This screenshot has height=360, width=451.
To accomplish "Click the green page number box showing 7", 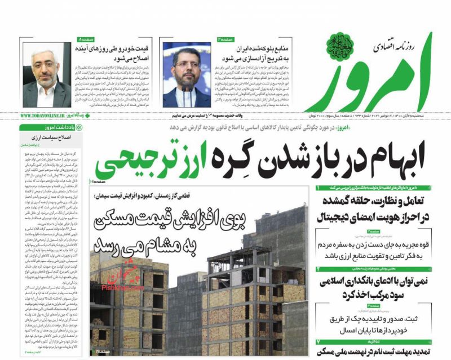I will point(318,341).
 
